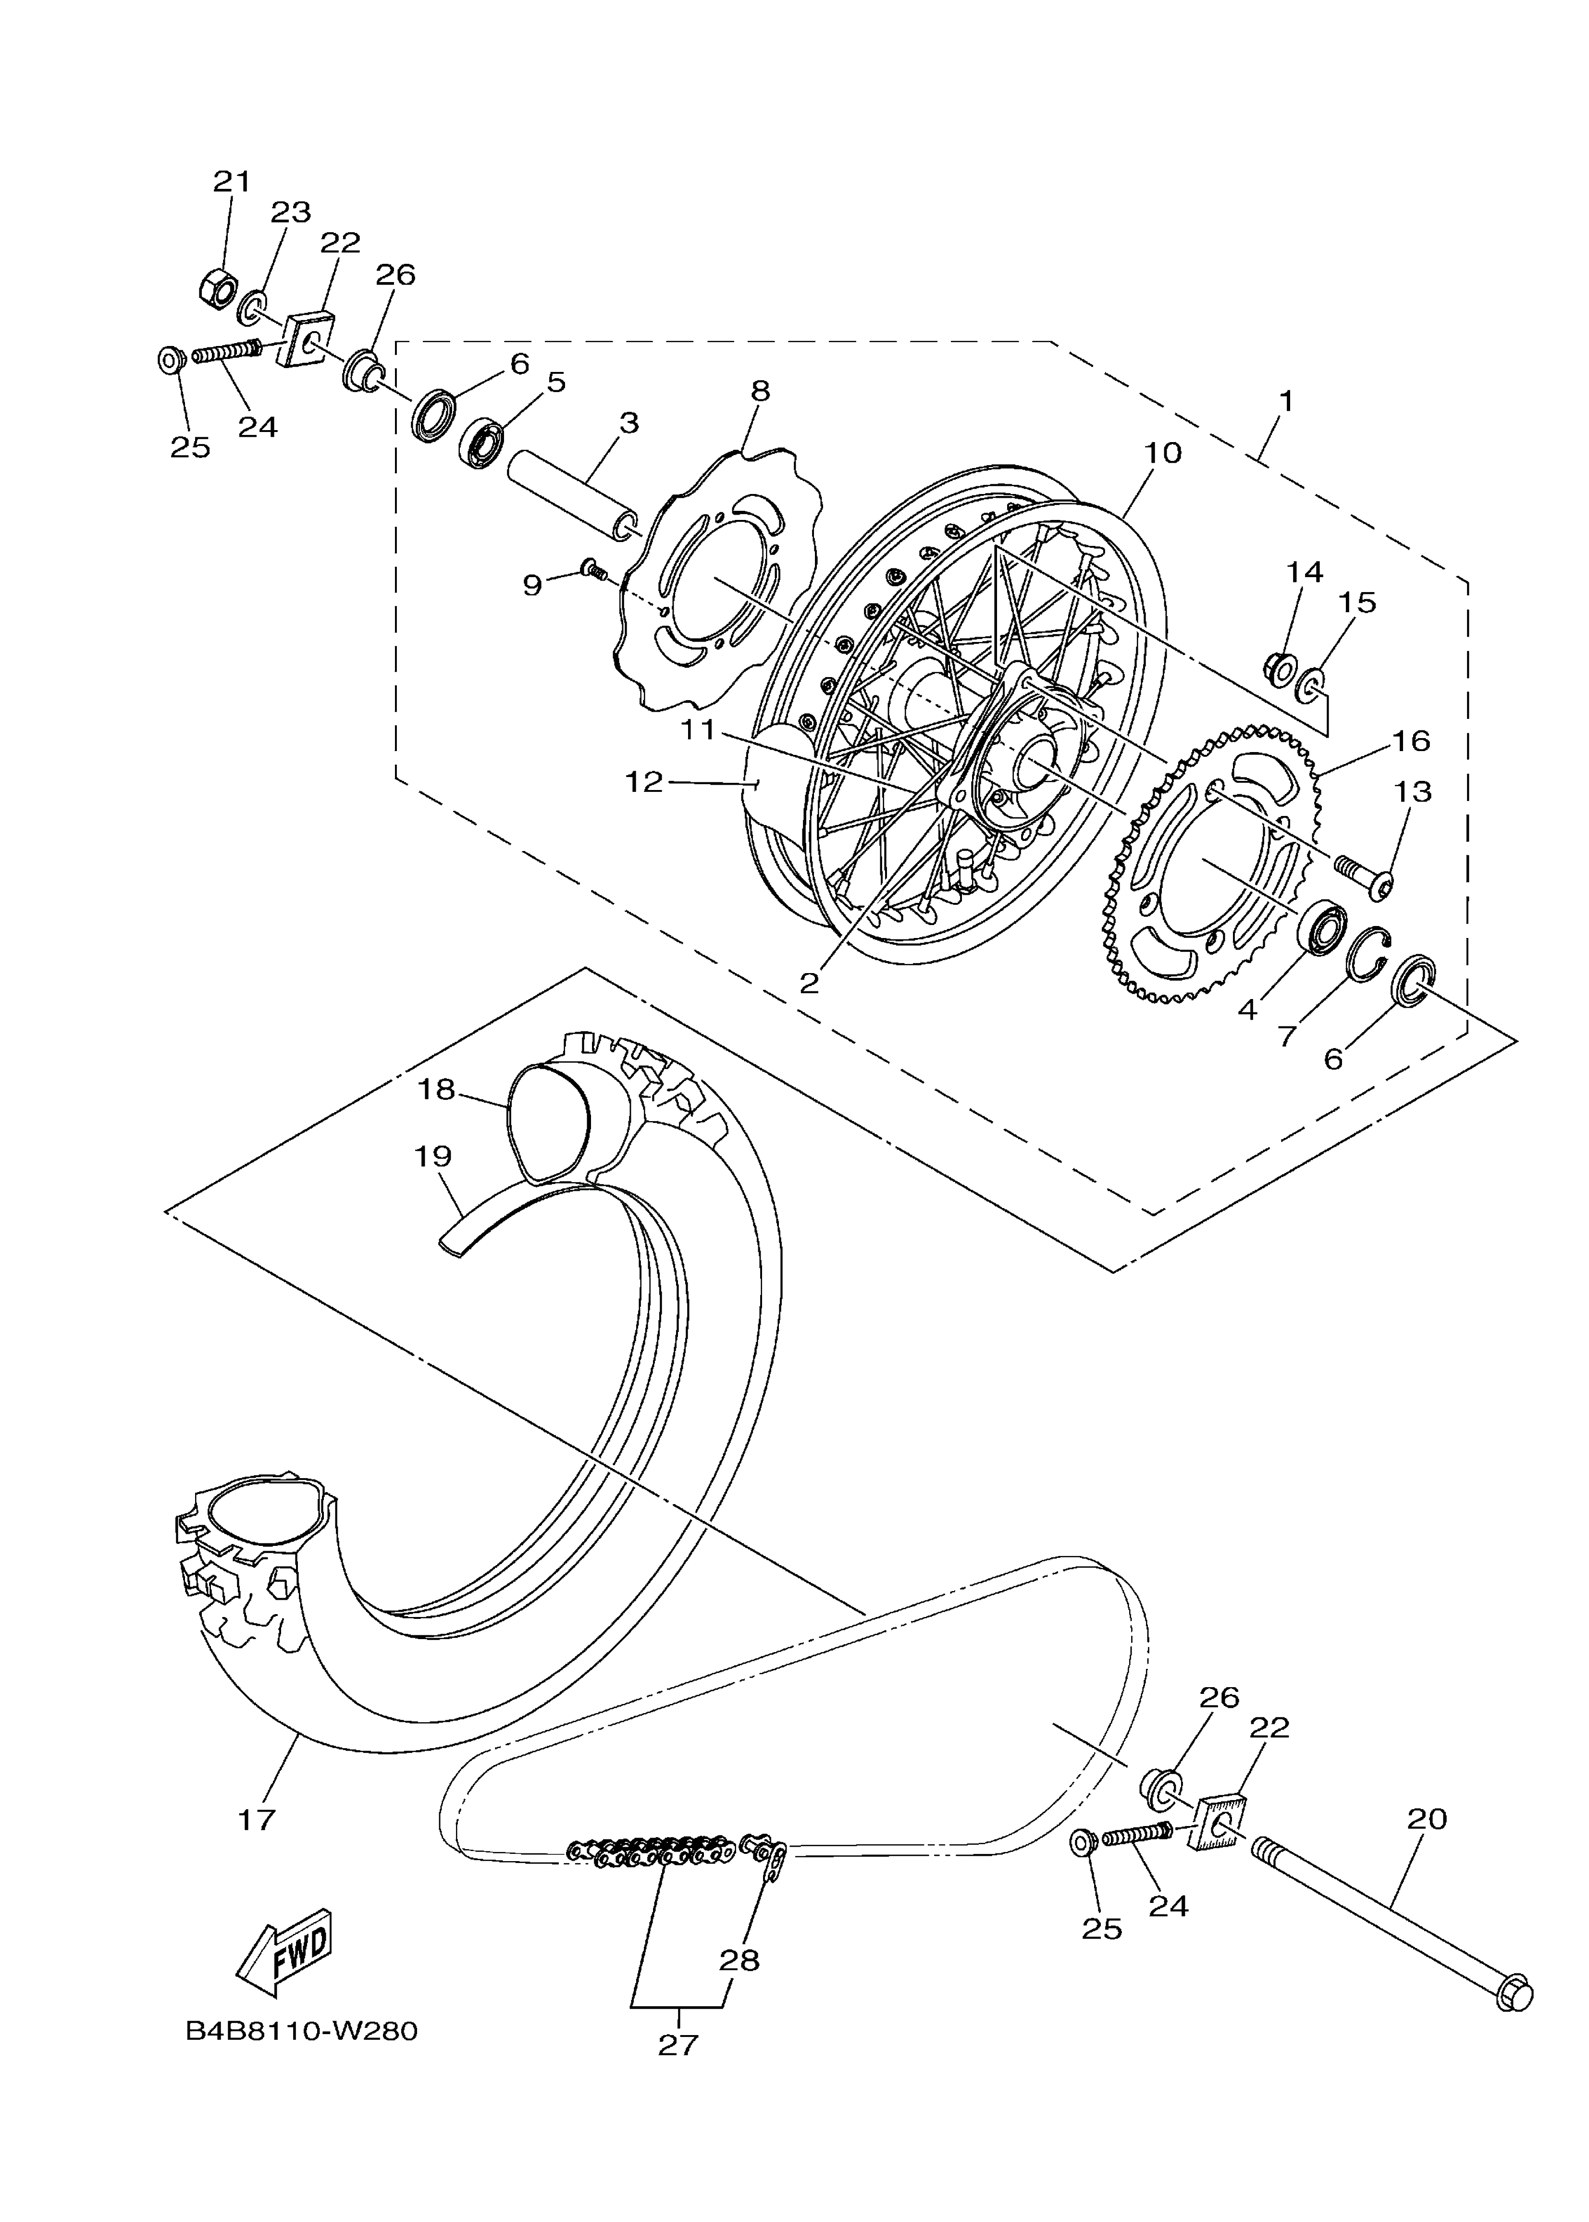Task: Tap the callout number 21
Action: coord(232,181)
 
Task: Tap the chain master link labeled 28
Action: coord(768,1854)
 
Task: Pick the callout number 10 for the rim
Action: coord(1163,453)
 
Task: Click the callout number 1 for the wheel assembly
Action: coord(1286,401)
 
